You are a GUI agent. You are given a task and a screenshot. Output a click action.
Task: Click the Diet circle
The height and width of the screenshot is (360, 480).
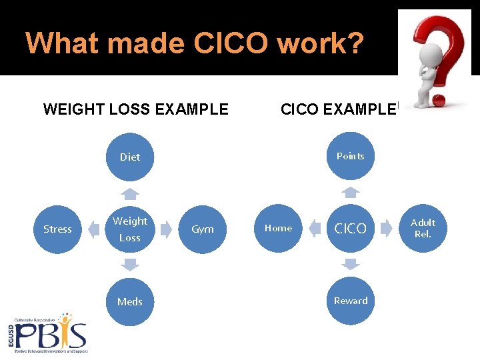click(x=130, y=157)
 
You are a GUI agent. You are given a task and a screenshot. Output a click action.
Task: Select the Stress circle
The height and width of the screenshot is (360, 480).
click(x=57, y=229)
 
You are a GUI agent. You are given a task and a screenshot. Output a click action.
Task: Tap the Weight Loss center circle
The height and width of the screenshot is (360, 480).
click(x=130, y=229)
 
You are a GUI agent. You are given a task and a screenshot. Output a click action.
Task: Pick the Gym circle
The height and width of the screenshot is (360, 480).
click(x=203, y=229)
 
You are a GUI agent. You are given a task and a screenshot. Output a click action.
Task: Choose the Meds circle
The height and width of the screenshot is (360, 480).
click(x=130, y=301)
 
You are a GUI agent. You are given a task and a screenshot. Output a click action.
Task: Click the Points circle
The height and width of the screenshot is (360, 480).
click(x=350, y=156)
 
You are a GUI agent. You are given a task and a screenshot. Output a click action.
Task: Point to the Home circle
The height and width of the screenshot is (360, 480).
click(x=278, y=228)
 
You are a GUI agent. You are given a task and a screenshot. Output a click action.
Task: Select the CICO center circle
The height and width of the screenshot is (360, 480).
click(x=350, y=229)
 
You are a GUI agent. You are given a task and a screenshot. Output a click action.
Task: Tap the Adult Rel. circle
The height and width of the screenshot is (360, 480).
click(x=423, y=228)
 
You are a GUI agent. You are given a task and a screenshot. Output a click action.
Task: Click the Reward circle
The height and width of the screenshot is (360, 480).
click(x=351, y=301)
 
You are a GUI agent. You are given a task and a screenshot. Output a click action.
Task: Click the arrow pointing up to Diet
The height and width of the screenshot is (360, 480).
click(x=131, y=194)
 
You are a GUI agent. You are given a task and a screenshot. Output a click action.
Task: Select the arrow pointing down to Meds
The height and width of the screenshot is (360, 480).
click(x=131, y=265)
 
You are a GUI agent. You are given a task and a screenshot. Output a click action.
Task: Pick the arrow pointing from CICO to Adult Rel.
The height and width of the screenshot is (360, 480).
click(x=387, y=229)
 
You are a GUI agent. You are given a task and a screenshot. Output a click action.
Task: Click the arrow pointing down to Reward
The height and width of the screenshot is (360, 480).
click(x=351, y=265)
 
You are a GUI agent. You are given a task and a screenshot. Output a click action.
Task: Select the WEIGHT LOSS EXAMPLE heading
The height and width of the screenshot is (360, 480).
click(x=136, y=109)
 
